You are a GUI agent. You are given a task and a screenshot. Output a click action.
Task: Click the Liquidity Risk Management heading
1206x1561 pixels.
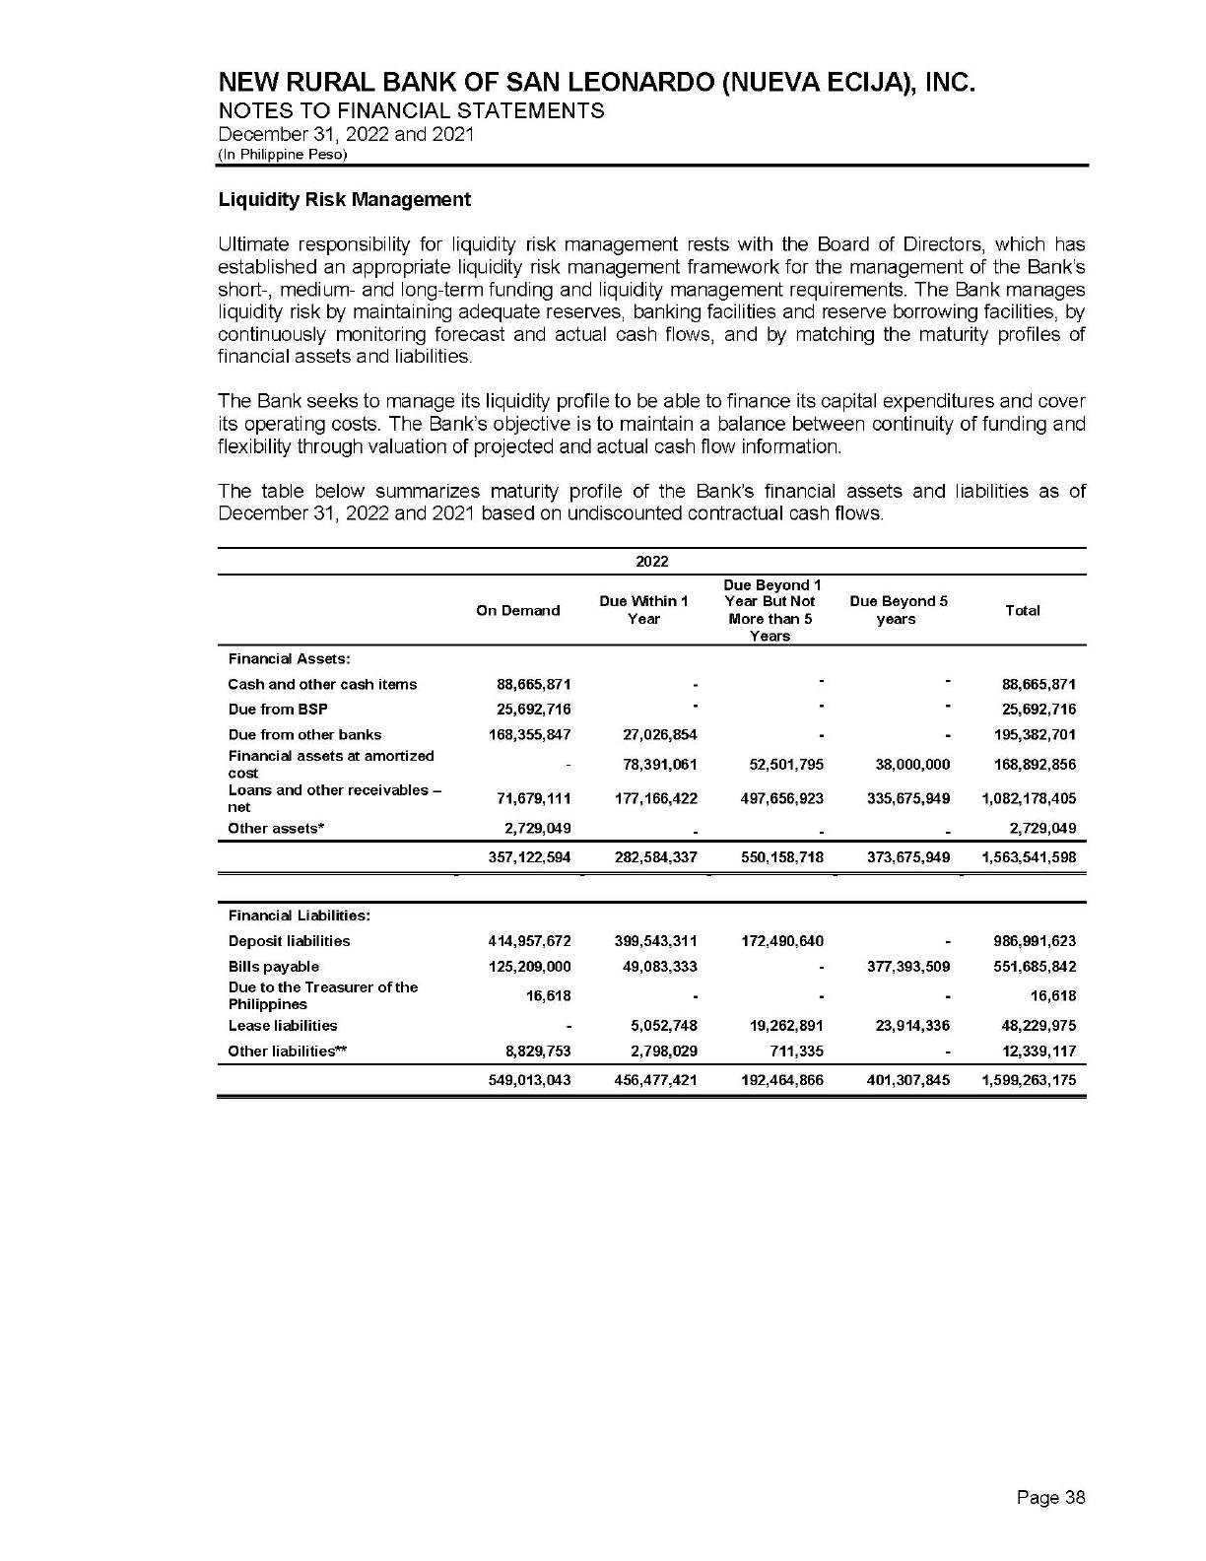(x=344, y=200)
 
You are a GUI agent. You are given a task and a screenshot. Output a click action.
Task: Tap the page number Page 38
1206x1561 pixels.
(x=1051, y=1498)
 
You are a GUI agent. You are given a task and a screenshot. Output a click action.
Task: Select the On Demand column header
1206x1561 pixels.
(x=517, y=611)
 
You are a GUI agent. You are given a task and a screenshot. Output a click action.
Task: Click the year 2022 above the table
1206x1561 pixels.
(x=651, y=562)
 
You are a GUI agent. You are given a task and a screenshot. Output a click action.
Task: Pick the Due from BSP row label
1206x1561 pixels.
(x=278, y=710)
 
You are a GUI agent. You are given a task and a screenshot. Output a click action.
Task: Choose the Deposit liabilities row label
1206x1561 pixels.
(x=289, y=941)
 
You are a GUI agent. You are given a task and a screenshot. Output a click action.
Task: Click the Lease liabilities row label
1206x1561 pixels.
(x=283, y=1026)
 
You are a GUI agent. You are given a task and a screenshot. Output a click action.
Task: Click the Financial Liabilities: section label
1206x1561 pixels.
(x=300, y=916)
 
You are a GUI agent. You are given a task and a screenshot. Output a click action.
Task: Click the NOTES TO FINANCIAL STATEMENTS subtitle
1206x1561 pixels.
(x=411, y=110)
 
